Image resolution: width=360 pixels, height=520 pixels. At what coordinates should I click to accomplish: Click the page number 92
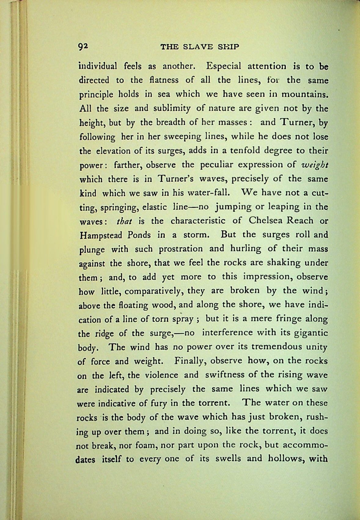(x=83, y=47)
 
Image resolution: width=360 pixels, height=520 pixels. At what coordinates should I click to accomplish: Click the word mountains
(x=305, y=94)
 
